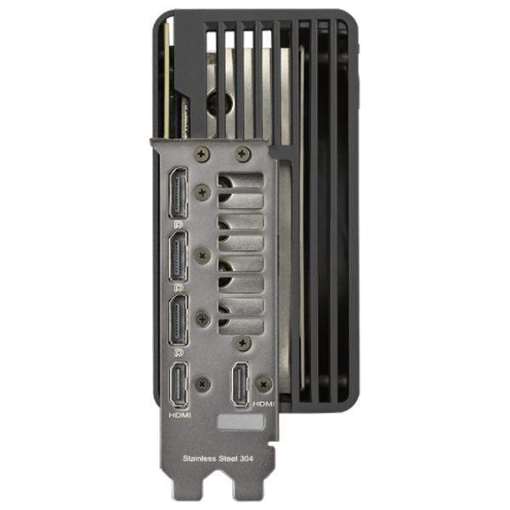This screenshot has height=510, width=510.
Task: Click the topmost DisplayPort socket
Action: pyautogui.click(x=178, y=193)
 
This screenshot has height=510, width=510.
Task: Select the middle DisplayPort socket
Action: pyautogui.click(x=178, y=257)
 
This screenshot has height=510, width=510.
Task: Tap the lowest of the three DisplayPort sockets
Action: pyautogui.click(x=178, y=320)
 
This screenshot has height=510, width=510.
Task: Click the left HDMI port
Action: pyautogui.click(x=178, y=385)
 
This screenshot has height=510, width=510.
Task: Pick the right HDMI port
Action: pyautogui.click(x=240, y=384)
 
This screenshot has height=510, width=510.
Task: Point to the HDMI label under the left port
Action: pyautogui.click(x=180, y=416)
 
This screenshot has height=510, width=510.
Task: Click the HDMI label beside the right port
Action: pyautogui.click(x=263, y=404)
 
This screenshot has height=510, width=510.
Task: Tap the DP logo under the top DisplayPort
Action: pyautogui.click(x=178, y=224)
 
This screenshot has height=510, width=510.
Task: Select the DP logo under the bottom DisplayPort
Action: pyautogui.click(x=178, y=352)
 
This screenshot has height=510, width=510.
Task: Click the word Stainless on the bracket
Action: pyautogui.click(x=200, y=459)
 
